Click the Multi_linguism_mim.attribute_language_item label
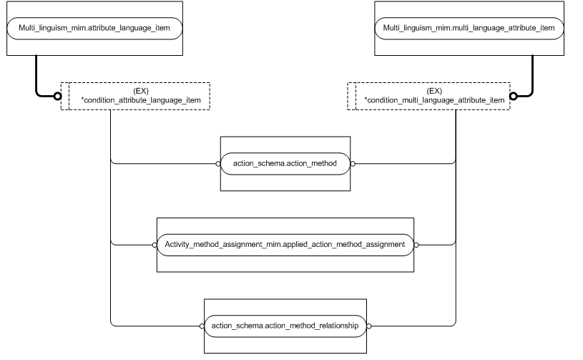94,29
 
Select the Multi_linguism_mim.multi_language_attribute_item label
469,29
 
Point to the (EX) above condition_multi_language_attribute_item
433,92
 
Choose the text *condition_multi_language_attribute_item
434,101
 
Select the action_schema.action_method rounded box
285,164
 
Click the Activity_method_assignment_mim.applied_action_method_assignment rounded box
285,244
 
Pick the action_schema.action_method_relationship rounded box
285,325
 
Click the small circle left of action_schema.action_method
218,164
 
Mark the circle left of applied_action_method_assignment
154,244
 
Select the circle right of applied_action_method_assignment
416,244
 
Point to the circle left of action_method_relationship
202,325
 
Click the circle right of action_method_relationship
369,325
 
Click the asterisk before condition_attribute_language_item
82,100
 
